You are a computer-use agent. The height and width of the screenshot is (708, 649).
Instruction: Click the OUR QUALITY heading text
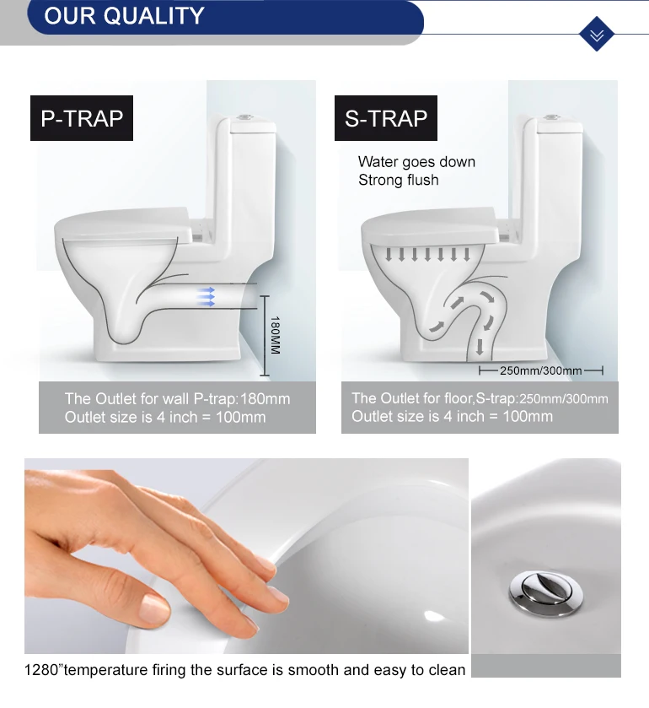pos(124,16)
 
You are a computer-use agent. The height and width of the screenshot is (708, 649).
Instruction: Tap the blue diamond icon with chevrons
pos(596,34)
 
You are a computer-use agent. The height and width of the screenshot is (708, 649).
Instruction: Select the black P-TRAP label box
pos(82,118)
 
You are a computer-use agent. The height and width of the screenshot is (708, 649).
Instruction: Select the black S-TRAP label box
pos(386,118)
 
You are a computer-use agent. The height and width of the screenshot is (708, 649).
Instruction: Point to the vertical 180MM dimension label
pos(275,335)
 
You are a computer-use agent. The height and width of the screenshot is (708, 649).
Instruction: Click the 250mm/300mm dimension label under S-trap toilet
pos(540,370)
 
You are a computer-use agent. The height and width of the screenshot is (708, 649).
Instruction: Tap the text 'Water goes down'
pos(416,162)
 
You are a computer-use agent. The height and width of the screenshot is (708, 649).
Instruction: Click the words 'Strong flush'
pos(398,180)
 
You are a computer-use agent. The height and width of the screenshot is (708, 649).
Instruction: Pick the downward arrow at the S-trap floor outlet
pos(480,347)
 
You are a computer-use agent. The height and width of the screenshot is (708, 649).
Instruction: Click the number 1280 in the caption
pos(41,670)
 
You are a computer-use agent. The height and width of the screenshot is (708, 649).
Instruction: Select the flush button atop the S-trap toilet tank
pos(551,117)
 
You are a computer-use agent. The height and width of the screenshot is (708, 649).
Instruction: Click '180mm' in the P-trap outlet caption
pos(265,398)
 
